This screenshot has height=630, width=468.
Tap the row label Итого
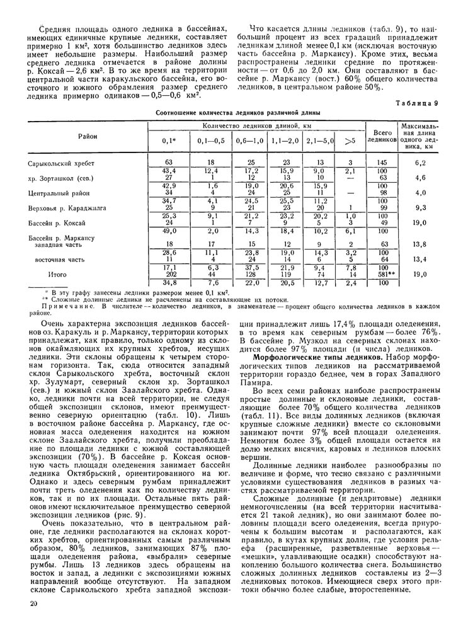pyautogui.click(x=57, y=275)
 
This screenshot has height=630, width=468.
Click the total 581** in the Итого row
pyautogui.click(x=380, y=275)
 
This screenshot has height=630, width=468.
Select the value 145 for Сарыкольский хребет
pyautogui.click(x=380, y=163)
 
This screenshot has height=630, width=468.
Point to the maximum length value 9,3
pyautogui.click(x=421, y=207)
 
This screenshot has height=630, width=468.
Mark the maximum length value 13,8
pyautogui.click(x=421, y=244)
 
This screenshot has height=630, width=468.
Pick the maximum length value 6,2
pyautogui.click(x=421, y=163)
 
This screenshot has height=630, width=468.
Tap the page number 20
pyautogui.click(x=33, y=604)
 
